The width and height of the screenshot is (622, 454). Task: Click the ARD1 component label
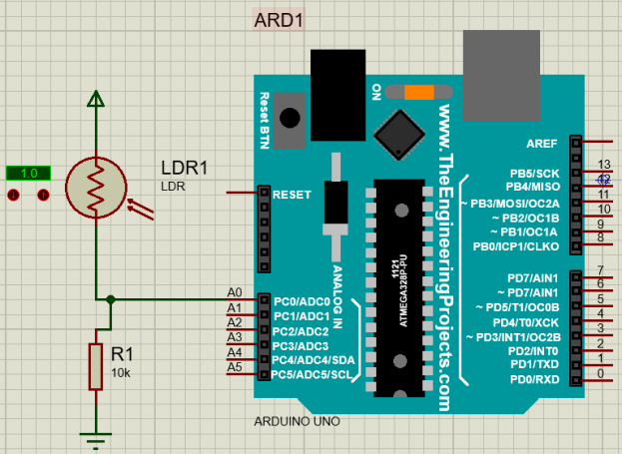[279, 21]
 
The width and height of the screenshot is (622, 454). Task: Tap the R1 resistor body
[96, 365]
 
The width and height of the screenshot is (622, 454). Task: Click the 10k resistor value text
[121, 372]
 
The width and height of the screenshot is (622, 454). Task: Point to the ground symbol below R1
[96, 436]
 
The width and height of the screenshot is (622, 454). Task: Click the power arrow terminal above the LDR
[95, 98]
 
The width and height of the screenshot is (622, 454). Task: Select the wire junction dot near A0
[111, 297]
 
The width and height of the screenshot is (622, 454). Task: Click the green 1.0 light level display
[28, 173]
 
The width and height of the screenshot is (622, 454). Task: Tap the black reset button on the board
[291, 116]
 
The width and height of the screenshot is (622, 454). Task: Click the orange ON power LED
[418, 92]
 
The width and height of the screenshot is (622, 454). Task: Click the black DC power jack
[338, 85]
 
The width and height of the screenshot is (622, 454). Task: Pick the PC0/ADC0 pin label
[302, 300]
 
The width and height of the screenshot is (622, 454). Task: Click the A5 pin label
[235, 367]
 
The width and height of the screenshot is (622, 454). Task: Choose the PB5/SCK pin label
[534, 173]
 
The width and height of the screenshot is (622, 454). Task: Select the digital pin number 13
[603, 164]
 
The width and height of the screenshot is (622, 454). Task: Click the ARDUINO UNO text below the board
[297, 421]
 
